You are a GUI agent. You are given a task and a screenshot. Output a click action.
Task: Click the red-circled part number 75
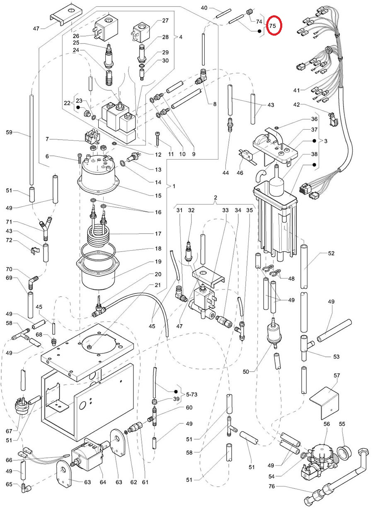[x=272, y=26]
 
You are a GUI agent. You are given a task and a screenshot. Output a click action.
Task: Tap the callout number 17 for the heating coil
[x=158, y=234]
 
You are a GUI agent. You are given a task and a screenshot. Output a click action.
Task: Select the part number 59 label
[x=9, y=132]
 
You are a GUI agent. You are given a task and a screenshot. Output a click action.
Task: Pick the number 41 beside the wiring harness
[x=296, y=90]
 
